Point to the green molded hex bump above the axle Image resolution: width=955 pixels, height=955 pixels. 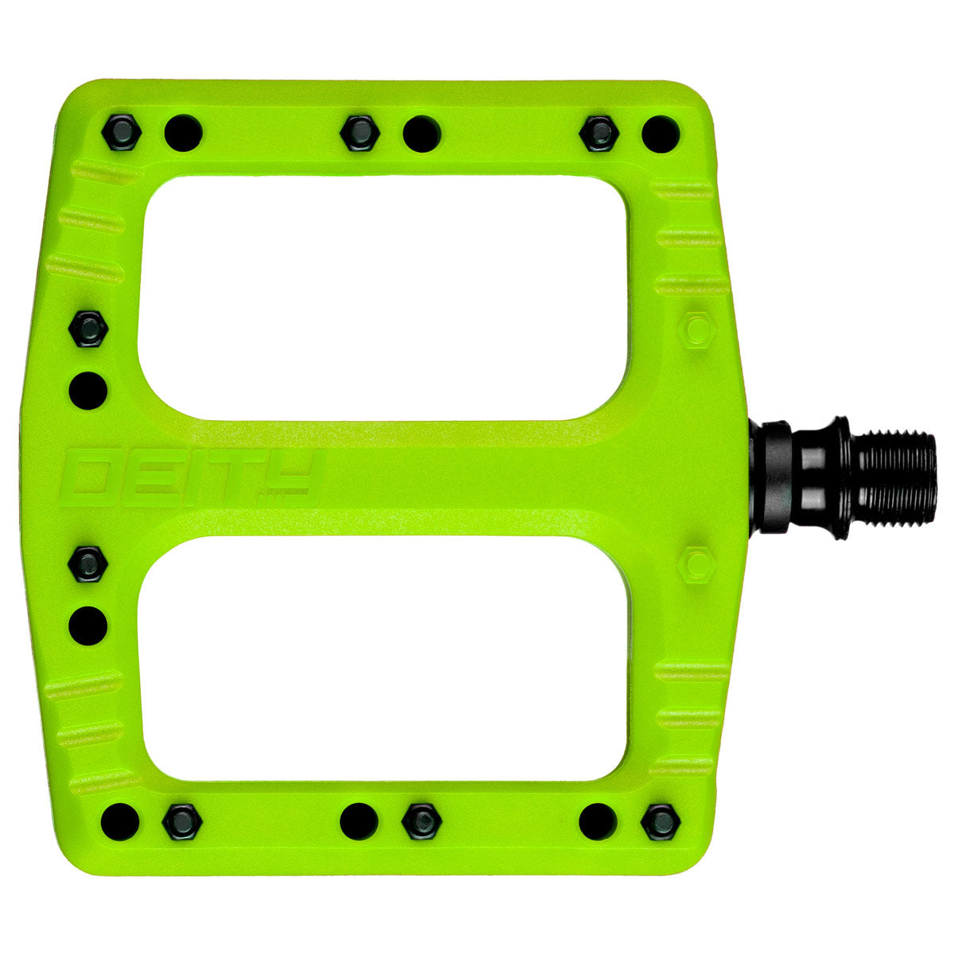(697, 329)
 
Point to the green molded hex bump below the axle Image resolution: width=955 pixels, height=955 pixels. (697, 563)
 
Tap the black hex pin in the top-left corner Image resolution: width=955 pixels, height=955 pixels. (121, 130)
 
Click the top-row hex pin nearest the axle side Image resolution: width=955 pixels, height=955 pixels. (598, 132)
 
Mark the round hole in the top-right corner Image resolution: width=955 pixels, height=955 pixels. (661, 132)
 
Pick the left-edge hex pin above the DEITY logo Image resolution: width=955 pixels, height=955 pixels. (88, 327)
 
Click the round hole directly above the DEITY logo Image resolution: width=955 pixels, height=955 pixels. (88, 389)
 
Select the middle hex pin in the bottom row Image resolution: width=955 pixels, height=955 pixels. (421, 821)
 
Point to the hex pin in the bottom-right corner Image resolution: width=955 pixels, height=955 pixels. (661, 821)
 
